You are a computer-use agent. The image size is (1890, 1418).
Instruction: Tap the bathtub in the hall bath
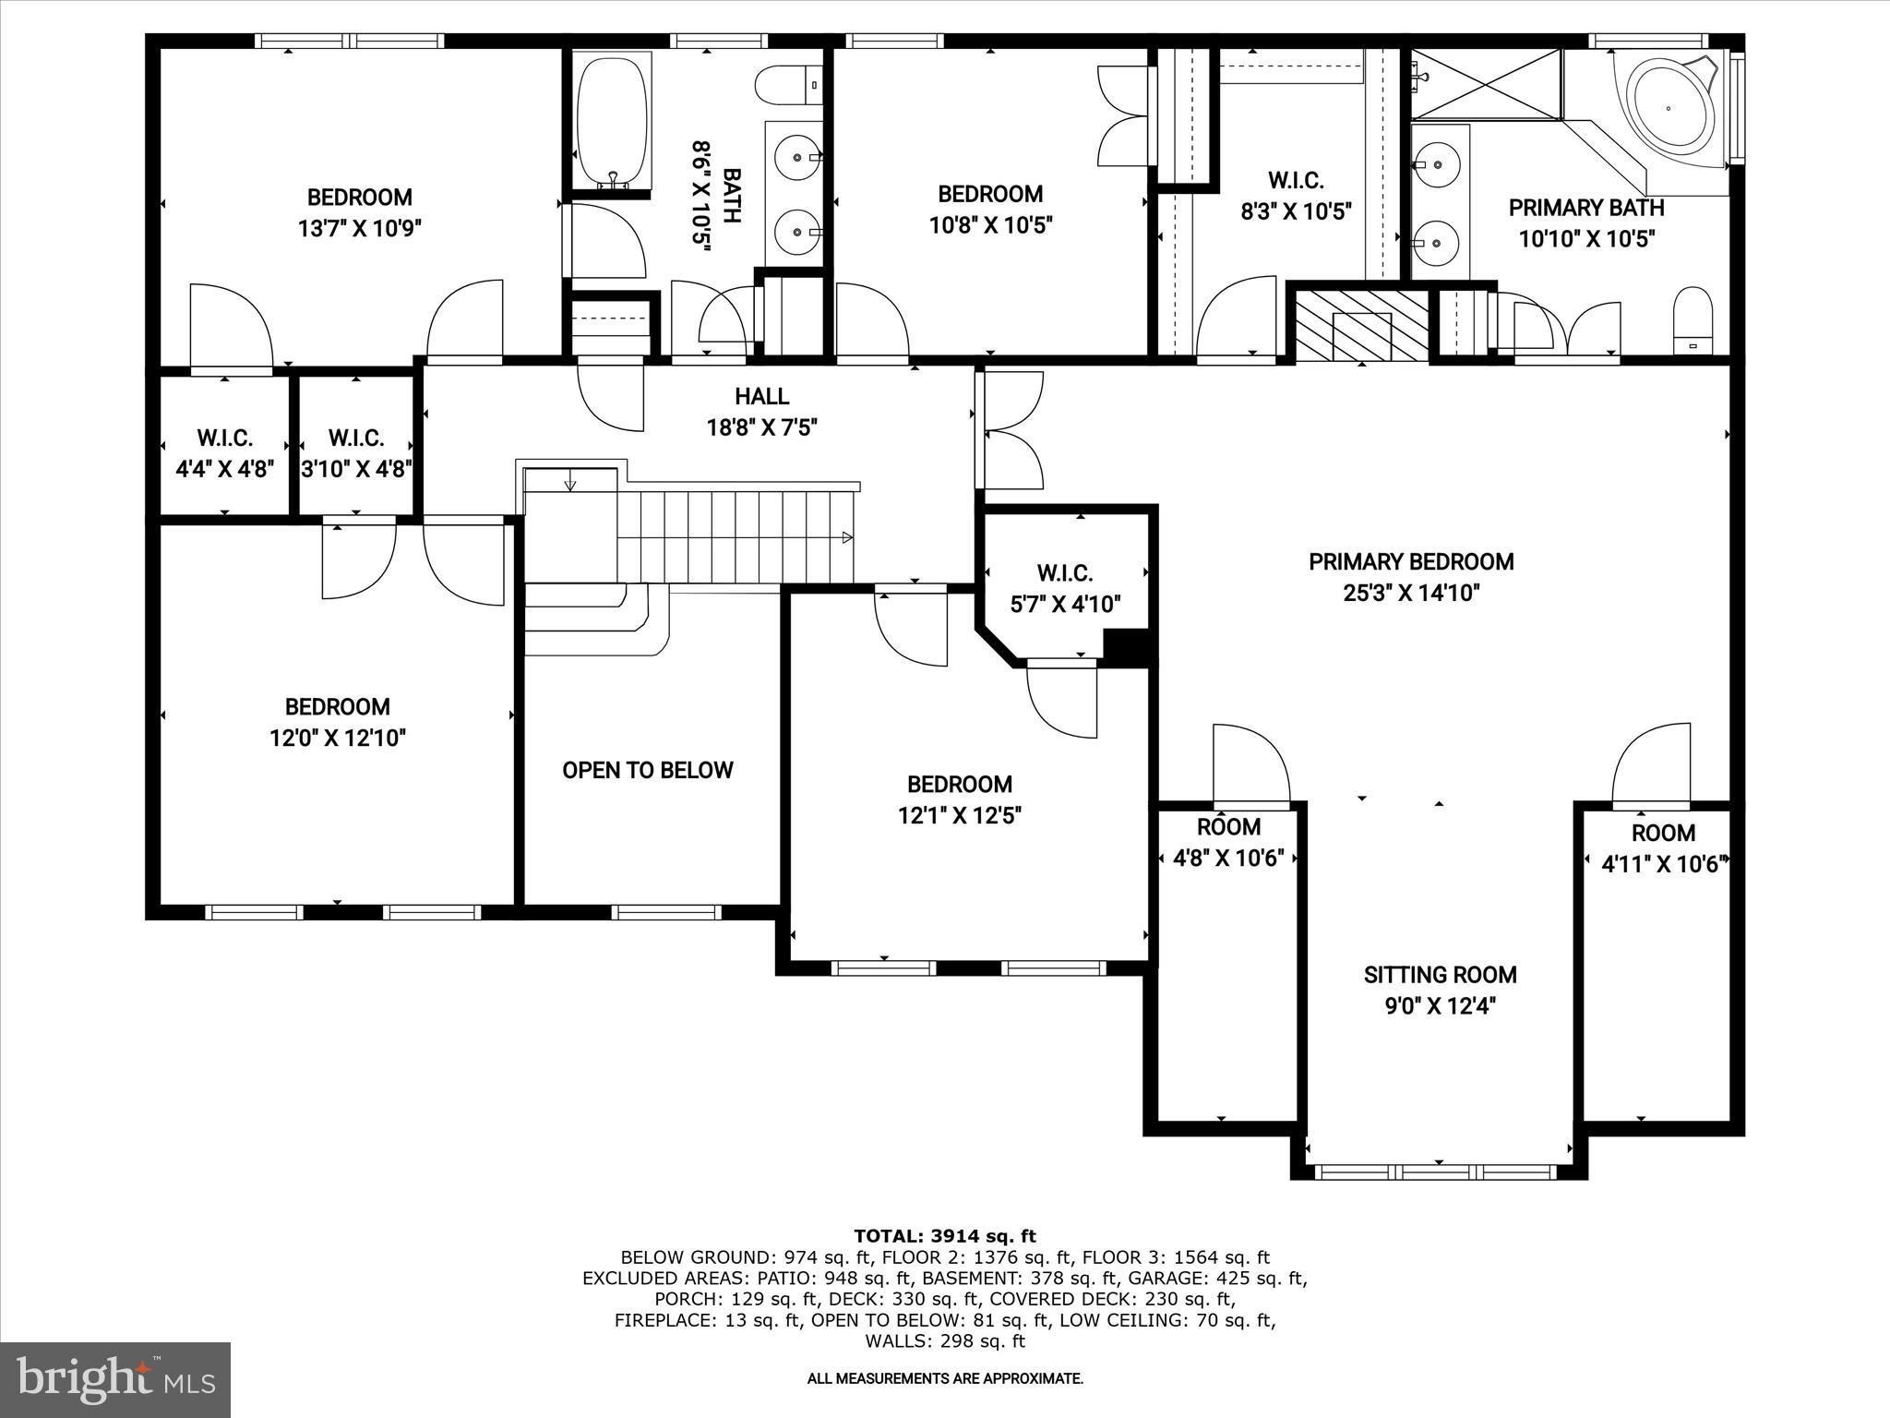(611, 120)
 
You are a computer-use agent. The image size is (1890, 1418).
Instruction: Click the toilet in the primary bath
(1693, 319)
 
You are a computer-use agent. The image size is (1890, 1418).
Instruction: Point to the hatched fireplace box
(1362, 325)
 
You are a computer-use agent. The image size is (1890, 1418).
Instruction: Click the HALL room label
(761, 397)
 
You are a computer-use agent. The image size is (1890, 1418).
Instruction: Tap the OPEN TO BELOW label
(647, 770)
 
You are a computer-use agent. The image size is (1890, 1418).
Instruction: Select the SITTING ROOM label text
(1440, 975)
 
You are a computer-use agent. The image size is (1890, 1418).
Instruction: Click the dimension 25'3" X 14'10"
(1411, 593)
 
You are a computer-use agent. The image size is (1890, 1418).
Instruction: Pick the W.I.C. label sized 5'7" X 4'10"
(1065, 573)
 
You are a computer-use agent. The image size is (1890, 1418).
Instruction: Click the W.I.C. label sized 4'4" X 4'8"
(224, 438)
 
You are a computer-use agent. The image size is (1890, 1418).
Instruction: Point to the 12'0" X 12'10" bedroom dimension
(337, 738)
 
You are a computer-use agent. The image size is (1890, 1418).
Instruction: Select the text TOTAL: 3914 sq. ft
(944, 1236)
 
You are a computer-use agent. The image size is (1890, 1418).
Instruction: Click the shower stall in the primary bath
(1486, 85)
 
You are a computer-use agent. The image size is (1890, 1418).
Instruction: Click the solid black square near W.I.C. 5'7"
(1125, 646)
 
